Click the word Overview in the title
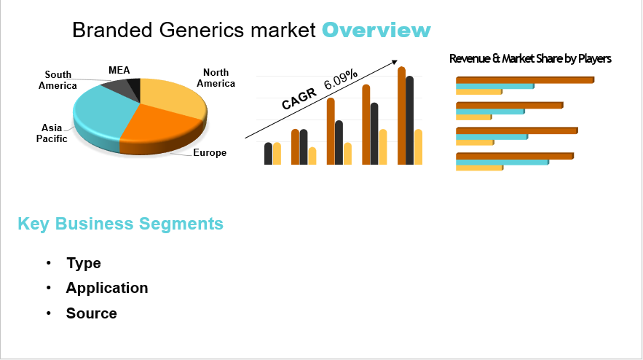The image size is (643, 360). coord(376,31)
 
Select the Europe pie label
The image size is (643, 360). coord(210,153)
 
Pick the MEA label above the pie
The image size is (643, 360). coord(119,70)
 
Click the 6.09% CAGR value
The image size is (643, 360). coord(341,79)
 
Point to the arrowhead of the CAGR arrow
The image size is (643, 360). coord(395,62)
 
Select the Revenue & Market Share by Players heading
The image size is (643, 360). coord(530,58)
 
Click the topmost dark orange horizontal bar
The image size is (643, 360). coord(524,79)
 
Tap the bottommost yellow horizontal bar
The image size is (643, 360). coord(479,168)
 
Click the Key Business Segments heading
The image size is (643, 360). coord(120,224)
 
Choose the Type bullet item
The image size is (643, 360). coord(84,263)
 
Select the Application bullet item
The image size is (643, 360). coord(107,288)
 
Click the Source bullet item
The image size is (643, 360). coord(92,313)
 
